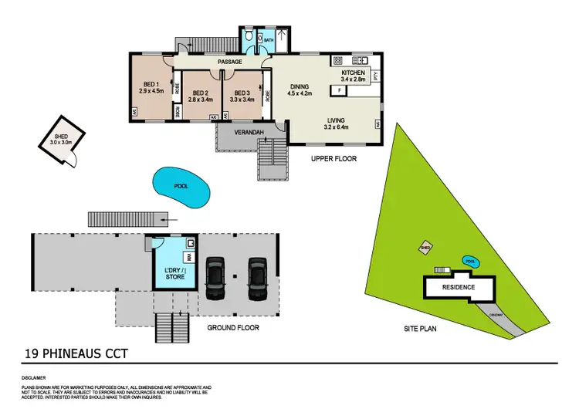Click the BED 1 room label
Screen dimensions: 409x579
(x=151, y=85)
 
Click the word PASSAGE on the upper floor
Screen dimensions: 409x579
(x=229, y=62)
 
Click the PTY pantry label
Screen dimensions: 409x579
(x=376, y=76)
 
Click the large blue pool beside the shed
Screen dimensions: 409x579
(x=180, y=187)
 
